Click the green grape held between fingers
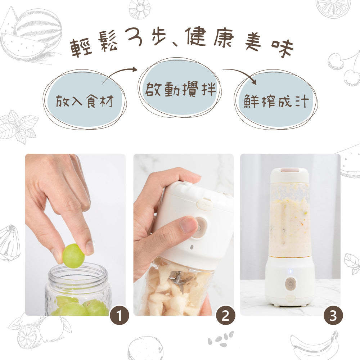pos(73,256)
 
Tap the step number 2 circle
pos(225,316)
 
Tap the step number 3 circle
pos(333,316)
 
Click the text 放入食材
pos(85,102)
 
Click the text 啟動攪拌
pos(180,90)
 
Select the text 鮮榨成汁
pos(276,102)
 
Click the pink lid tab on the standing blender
pos(290,170)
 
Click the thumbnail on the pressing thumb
pos(188,225)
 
